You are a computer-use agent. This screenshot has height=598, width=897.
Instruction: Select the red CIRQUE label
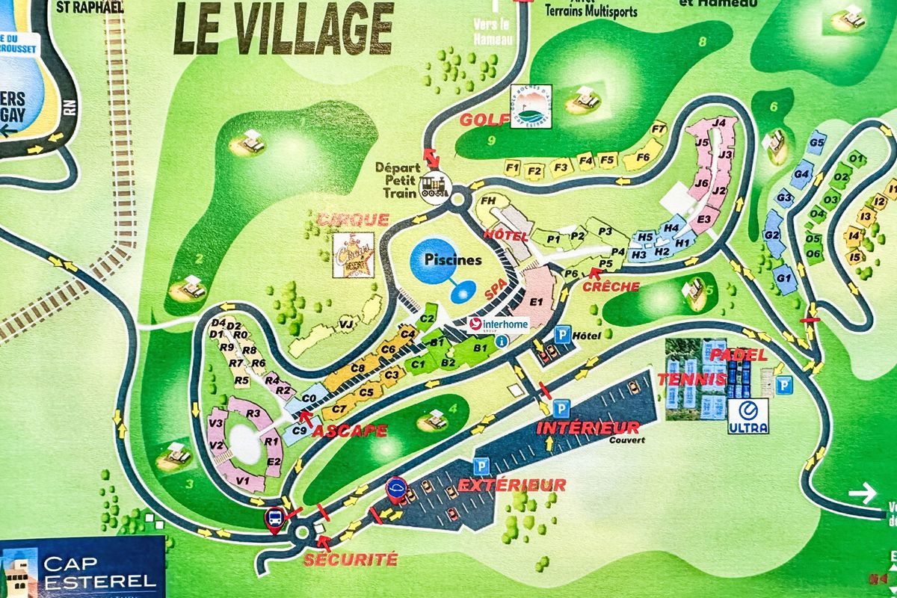click(354, 220)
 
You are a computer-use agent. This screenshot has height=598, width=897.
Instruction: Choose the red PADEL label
click(739, 355)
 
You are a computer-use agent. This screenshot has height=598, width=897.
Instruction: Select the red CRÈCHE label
click(611, 286)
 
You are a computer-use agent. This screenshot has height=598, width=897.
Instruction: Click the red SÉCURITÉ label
click(350, 558)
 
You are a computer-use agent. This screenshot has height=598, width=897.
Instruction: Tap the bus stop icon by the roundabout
click(275, 518)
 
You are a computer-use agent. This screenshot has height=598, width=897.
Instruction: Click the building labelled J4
click(720, 123)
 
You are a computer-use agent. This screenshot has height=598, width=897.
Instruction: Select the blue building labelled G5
click(817, 143)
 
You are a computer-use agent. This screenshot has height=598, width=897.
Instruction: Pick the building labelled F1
click(512, 167)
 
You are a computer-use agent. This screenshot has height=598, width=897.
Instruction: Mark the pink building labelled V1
click(242, 480)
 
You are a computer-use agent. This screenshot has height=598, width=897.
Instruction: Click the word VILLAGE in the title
click(314, 28)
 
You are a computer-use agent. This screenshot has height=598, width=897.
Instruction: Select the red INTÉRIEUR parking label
click(588, 428)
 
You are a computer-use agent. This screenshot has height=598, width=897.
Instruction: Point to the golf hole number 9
click(490, 140)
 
